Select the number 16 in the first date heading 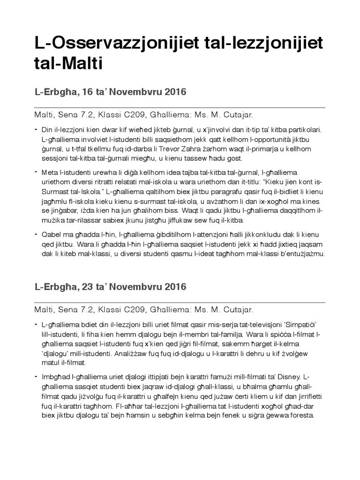(88, 92)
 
